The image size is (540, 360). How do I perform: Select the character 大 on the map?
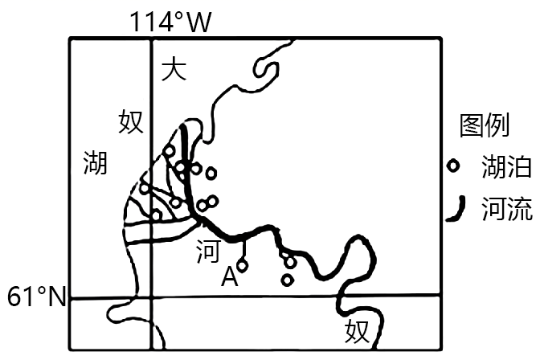tap(174, 70)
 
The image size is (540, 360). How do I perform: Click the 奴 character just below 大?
tap(131, 122)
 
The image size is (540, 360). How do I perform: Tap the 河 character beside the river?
tap(207, 252)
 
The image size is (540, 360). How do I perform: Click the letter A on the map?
tap(229, 278)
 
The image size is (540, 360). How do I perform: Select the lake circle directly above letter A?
tap(242, 264)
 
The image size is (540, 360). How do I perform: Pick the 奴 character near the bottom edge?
tap(356, 330)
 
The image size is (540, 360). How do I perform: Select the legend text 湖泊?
tap(506, 168)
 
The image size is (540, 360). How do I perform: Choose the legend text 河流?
tap(506, 210)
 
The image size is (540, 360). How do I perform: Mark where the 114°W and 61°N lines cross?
tap(151, 298)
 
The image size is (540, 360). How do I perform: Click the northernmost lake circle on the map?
tap(169, 150)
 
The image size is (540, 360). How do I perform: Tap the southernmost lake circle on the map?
tap(287, 280)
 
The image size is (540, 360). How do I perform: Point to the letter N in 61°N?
tap(55, 297)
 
